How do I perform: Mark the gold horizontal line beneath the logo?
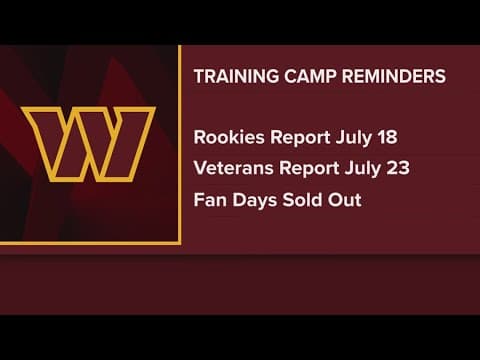point(90,241)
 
